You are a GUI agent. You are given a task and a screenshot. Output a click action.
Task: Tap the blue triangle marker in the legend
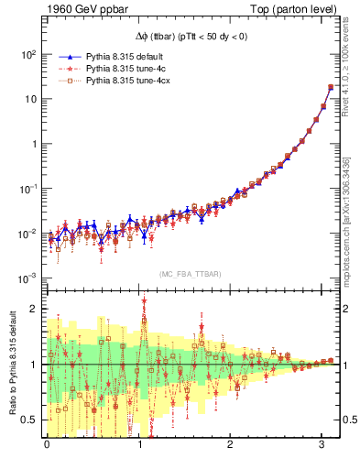[60, 56]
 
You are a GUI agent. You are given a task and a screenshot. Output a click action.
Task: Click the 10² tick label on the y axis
[27, 55]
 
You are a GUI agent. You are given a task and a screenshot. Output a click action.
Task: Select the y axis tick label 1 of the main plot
[32, 145]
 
